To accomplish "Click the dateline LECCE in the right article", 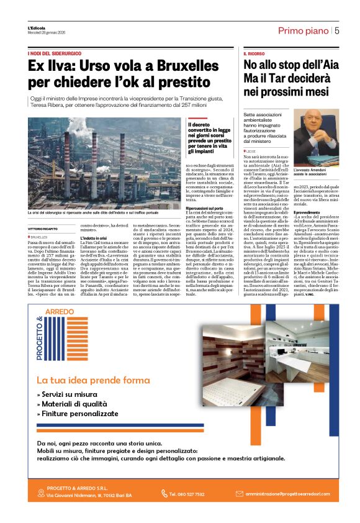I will point(251,151).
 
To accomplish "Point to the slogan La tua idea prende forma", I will point(92,380).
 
